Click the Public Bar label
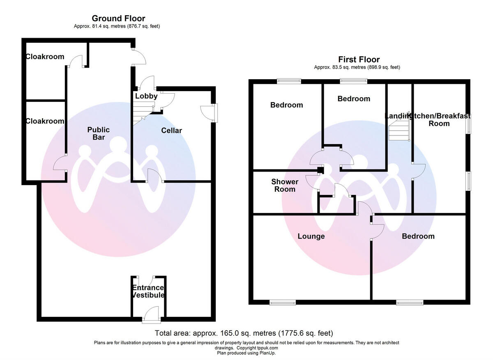click(x=98, y=133)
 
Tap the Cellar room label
click(x=171, y=131)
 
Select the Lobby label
click(x=146, y=96)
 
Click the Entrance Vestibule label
click(x=148, y=291)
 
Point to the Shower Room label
click(x=285, y=186)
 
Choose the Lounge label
click(x=311, y=236)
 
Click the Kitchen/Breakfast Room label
click(x=439, y=119)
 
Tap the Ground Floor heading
click(x=118, y=18)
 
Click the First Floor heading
click(x=359, y=60)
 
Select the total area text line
click(x=244, y=333)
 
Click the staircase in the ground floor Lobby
click(x=142, y=110)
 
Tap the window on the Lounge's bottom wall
click(x=283, y=303)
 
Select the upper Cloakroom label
click(x=45, y=57)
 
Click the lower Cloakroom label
click(x=45, y=121)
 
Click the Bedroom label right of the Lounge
click(x=418, y=236)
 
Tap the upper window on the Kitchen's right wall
click(x=468, y=123)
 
